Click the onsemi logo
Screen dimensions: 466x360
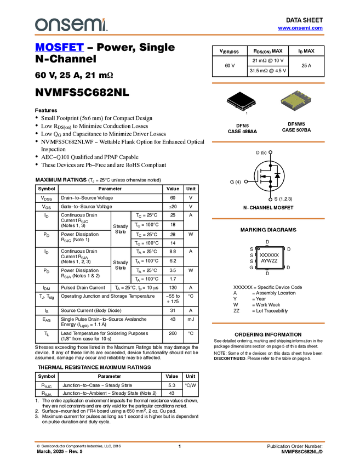(71, 25)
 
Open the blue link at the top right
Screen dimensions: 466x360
(300, 28)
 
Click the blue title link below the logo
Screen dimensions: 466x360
(59, 48)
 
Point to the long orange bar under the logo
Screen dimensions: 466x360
(179, 35)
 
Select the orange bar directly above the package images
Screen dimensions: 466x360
(268, 83)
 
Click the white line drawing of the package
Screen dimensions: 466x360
(242, 104)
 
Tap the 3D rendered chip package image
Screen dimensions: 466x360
(296, 101)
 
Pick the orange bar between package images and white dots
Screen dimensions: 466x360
(268, 142)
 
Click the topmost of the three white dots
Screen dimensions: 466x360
(271, 152)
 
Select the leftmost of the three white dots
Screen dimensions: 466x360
(246, 181)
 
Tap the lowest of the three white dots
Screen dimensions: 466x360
(271, 200)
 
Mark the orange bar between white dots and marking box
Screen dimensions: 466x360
(268, 219)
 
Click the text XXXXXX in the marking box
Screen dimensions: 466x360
(269, 255)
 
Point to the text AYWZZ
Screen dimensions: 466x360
(269, 261)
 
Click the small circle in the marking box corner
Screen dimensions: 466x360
(259, 249)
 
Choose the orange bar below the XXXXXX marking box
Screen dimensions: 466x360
(268, 323)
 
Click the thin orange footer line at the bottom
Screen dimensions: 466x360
(179, 441)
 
